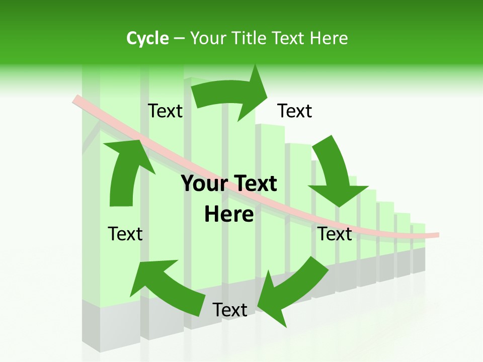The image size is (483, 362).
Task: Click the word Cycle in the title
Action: coord(147,38)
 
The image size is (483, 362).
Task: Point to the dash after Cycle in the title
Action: coord(179,39)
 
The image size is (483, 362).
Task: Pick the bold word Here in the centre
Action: coord(229,214)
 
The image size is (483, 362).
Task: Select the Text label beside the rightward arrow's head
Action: coord(295,111)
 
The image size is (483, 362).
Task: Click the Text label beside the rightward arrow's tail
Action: coord(165,111)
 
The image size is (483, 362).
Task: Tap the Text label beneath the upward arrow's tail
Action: coord(125,234)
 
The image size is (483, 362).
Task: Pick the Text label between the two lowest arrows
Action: coord(230,310)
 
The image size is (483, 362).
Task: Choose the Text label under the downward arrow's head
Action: coord(335,234)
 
